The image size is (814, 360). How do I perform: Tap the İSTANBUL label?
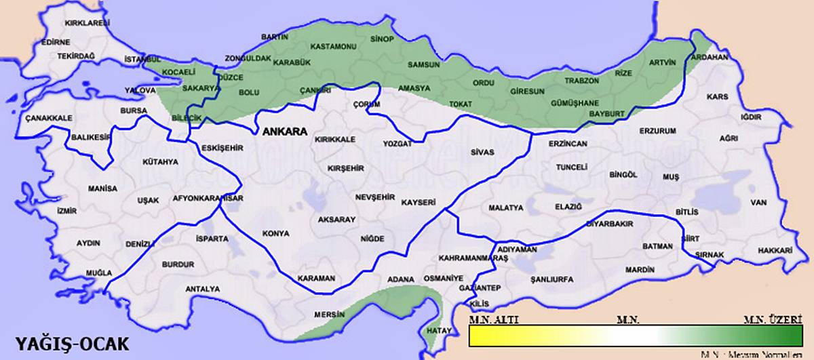(x=142, y=60)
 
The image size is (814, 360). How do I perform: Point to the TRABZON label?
(x=581, y=81)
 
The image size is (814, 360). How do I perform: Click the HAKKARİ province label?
(x=775, y=250)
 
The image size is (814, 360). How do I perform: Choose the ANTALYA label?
(x=203, y=289)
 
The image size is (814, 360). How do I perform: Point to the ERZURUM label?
(x=658, y=130)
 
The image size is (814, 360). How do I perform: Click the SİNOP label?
(x=382, y=39)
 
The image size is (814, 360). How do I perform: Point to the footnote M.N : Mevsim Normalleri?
(x=753, y=354)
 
